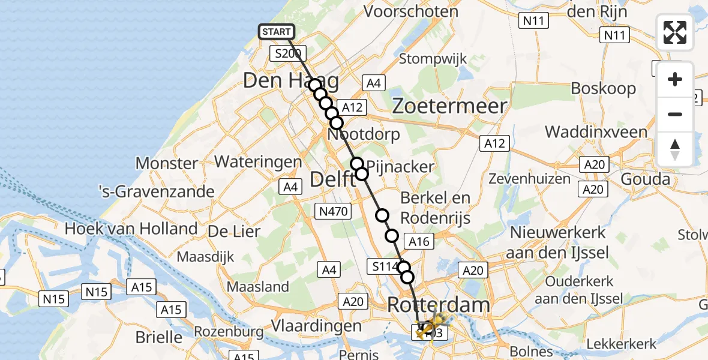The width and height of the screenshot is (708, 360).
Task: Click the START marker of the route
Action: point(276,31)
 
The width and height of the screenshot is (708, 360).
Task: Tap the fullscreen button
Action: point(675,32)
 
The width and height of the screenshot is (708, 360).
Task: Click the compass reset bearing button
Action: point(675,149)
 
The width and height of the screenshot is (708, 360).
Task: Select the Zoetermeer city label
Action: point(449,106)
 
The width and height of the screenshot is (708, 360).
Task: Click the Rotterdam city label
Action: point(438,305)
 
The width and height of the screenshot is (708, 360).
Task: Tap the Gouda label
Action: point(645,179)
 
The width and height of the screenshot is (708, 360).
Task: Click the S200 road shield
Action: point(288,53)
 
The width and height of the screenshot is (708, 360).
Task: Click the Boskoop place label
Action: point(603,89)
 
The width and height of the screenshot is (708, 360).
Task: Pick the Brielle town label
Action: point(158,337)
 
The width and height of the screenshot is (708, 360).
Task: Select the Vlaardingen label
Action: point(316,326)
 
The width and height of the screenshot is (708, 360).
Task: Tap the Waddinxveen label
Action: point(596,132)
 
